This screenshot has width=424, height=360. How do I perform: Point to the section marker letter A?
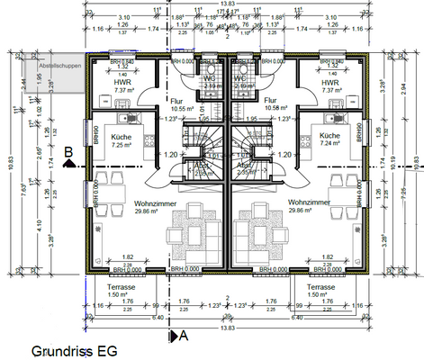[182, 335]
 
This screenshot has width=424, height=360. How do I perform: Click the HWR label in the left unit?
[122, 82]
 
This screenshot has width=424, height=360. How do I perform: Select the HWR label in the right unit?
[329, 82]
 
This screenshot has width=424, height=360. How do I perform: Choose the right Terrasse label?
[320, 289]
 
